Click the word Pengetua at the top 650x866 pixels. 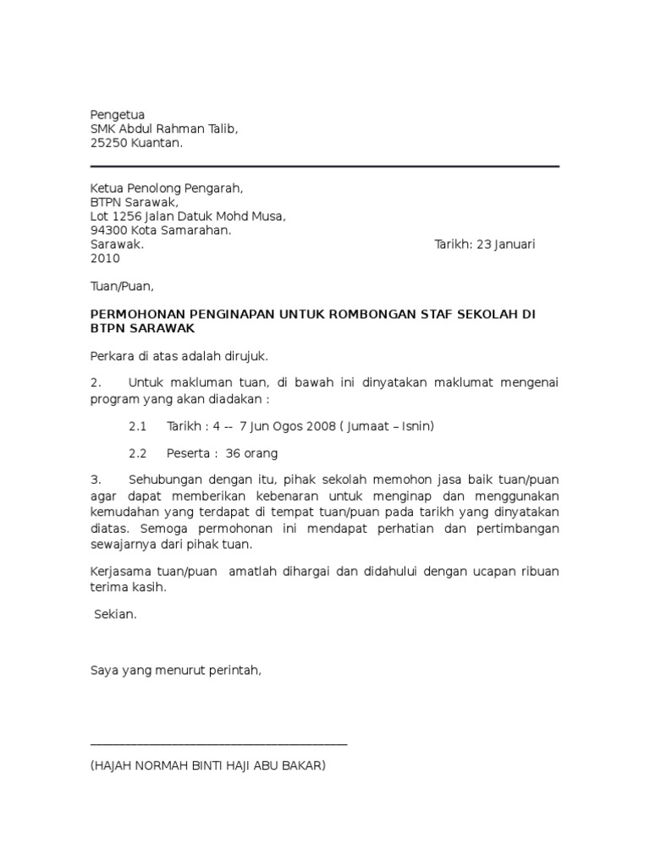(x=118, y=115)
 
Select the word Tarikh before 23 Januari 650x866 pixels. (x=454, y=245)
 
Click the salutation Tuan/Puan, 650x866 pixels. (x=122, y=287)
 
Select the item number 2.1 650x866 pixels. (x=137, y=426)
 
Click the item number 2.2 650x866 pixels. (x=137, y=453)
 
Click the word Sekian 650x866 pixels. (x=115, y=616)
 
